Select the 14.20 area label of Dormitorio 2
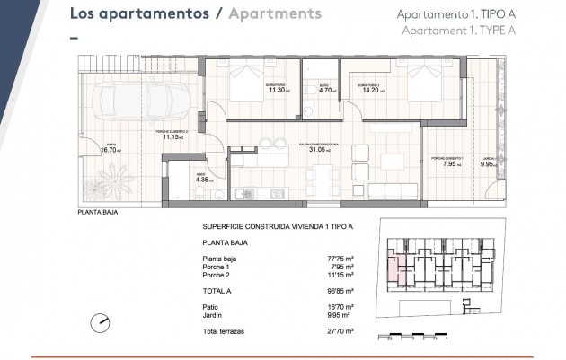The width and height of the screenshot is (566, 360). tap(369, 90)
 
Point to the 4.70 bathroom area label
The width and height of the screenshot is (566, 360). tap(327, 90)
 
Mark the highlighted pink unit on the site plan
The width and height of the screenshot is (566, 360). tap(394, 264)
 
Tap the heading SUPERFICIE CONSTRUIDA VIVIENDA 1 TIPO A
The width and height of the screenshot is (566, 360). tap(278, 227)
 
